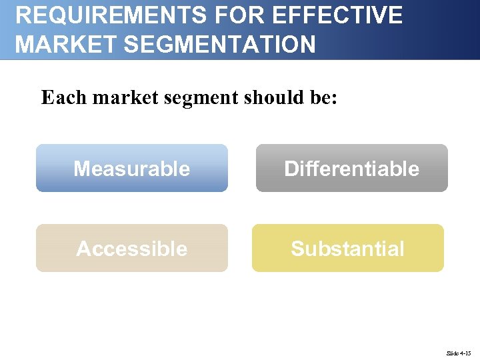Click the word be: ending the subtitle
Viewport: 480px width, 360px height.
click(322, 98)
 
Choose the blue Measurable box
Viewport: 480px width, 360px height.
click(132, 168)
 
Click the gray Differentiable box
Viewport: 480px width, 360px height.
click(351, 168)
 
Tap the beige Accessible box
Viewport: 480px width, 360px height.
click(132, 248)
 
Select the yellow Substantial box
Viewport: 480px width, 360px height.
click(347, 248)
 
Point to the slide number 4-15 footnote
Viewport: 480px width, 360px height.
click(459, 353)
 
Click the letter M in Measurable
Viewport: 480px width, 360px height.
click(81, 169)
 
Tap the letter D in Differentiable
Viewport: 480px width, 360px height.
click(291, 169)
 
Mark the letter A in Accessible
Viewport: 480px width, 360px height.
click(83, 249)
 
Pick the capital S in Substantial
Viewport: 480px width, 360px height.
click(297, 249)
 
